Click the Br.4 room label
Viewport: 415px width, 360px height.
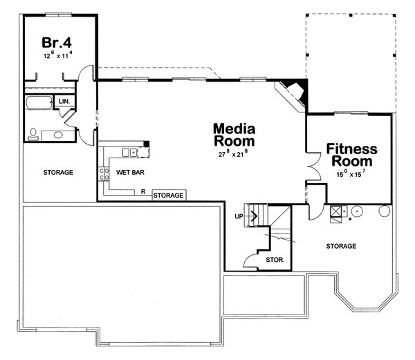[x=57, y=40]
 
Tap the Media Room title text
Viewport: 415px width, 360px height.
[x=234, y=135]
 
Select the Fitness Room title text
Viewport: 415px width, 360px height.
[x=351, y=155]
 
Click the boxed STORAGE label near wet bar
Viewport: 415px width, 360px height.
[x=169, y=196]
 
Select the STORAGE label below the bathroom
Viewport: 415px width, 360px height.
[x=58, y=172]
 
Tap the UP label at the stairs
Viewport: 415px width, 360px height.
[x=239, y=216]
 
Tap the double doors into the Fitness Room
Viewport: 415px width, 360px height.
[x=313, y=166]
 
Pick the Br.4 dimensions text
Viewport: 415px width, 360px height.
[x=57, y=55]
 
